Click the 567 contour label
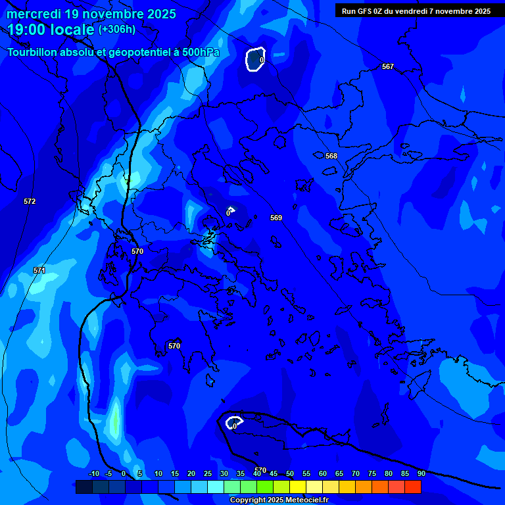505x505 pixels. click(388, 66)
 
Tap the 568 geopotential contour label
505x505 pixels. click(331, 156)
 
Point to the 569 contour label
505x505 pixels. click(276, 218)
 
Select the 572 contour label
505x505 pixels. click(30, 201)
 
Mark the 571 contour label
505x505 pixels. click(39, 270)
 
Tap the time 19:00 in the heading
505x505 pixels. click(29, 29)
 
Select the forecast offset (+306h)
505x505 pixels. click(117, 30)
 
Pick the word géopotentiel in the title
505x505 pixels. click(140, 53)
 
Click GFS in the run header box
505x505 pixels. click(364, 11)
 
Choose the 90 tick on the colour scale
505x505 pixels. click(421, 473)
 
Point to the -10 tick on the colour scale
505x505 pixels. click(93, 473)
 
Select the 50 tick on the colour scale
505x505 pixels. click(290, 473)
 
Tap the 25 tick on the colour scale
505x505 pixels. click(208, 473)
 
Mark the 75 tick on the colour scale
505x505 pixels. click(372, 473)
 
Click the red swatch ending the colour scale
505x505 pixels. click(413, 487)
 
